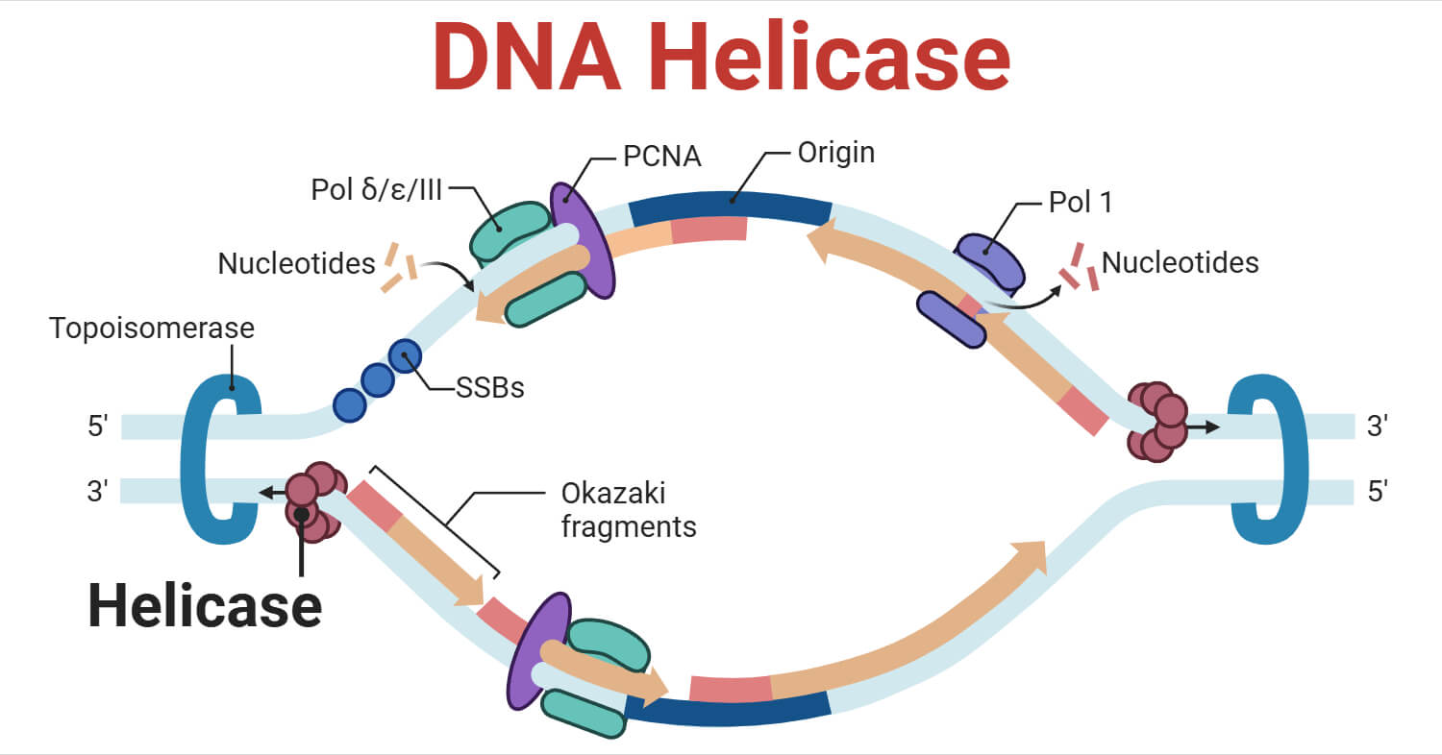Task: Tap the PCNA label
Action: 659,156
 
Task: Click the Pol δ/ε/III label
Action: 376,190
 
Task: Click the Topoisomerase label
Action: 152,329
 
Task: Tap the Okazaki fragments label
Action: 627,510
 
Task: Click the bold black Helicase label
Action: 205,605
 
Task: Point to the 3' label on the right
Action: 1378,426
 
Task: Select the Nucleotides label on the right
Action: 1180,262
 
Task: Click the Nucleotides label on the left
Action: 296,263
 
